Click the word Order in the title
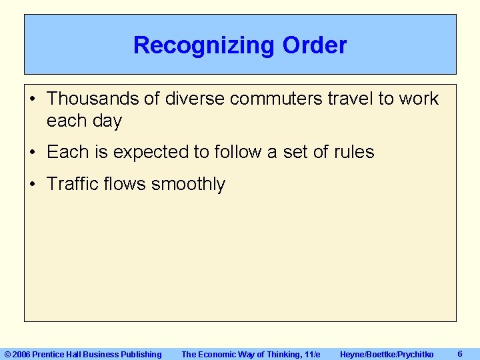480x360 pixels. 315,45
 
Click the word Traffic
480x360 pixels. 73,184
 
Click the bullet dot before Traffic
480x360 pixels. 33,185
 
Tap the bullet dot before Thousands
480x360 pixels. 33,99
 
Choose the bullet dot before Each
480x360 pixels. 33,153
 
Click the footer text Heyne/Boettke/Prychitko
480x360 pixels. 387,355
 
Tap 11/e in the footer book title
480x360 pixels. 311,355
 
